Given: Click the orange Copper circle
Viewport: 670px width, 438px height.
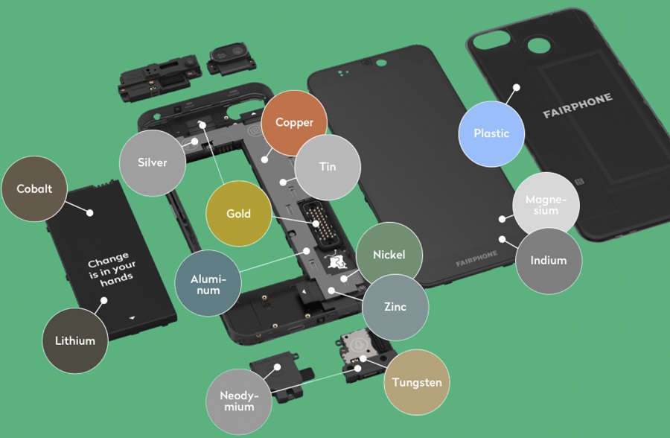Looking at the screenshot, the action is [x=294, y=123].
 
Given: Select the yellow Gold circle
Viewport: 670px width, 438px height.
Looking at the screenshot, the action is [x=238, y=214].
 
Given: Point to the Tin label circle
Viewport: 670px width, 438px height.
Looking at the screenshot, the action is [x=328, y=167].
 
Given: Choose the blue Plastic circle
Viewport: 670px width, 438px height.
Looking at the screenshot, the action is [x=491, y=133].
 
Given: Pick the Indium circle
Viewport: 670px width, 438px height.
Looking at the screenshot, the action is [x=549, y=261].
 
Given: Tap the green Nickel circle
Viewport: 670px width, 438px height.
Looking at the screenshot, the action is [x=390, y=255].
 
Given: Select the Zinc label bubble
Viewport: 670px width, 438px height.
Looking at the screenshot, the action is [x=396, y=306].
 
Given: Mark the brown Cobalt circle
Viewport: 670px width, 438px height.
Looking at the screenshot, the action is [x=35, y=189].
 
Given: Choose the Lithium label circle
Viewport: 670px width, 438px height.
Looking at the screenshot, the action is [x=75, y=340].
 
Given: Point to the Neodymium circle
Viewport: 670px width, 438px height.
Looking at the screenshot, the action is [x=239, y=399].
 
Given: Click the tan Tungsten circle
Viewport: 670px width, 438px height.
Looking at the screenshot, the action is [x=416, y=383].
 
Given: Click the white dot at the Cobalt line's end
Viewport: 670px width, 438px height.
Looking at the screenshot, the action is [x=89, y=212].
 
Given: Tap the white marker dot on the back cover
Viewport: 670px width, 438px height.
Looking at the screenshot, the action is [x=516, y=87].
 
